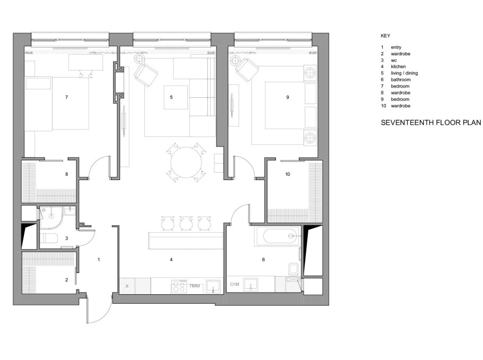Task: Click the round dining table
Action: coord(186,162)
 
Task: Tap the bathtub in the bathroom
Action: coord(277,236)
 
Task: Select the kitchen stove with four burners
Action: coord(179,286)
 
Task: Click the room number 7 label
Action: coord(66,97)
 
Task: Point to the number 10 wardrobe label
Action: coord(288,174)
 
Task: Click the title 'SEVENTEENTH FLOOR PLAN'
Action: coord(430,122)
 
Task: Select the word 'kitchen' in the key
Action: coord(398,66)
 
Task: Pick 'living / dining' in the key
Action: coord(404,73)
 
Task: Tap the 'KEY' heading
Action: coord(385,36)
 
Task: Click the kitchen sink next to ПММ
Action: coord(213,286)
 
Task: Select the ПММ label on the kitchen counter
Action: coord(195,286)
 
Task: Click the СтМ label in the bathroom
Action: coord(235,284)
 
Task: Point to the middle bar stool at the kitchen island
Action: coord(186,223)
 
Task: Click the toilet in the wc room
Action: coord(49,239)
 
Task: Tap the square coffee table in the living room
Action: coord(176,97)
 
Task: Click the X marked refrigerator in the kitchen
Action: coord(127,286)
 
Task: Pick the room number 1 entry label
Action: coord(99,260)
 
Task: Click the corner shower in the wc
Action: coord(51,218)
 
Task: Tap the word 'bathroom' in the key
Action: coord(401,80)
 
